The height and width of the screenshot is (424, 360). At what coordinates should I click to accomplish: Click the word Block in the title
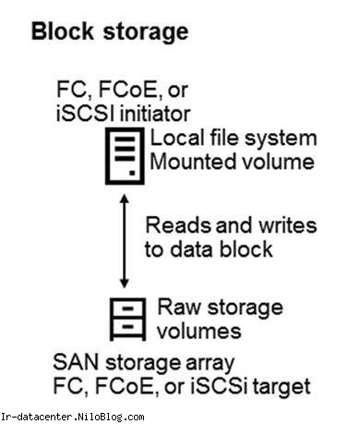[62, 31]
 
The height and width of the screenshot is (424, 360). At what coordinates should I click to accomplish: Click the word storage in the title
[146, 33]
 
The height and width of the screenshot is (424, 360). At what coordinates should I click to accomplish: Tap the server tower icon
[125, 156]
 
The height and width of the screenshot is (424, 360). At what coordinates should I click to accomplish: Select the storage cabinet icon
[127, 319]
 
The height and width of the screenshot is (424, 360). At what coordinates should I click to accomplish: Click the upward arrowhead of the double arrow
[125, 199]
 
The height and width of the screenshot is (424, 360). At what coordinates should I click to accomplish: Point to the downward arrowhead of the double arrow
[125, 284]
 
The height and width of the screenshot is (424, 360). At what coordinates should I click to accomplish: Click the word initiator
[155, 114]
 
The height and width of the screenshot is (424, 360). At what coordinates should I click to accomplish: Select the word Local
[177, 138]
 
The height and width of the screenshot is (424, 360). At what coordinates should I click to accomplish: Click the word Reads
[178, 225]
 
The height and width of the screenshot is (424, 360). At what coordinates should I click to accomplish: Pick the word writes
[287, 225]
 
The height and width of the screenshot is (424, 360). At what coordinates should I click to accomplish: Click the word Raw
[178, 307]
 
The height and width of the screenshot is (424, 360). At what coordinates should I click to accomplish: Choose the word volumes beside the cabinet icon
[199, 331]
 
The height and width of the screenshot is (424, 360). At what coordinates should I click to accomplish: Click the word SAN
[76, 362]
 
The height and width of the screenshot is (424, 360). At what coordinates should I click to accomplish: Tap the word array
[210, 364]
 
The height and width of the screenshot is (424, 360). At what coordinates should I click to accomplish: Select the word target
[282, 387]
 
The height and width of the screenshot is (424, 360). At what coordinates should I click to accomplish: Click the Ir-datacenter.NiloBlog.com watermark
[73, 417]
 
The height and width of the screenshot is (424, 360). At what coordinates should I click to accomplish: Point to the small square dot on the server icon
[133, 173]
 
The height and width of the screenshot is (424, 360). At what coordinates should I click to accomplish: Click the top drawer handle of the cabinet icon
[127, 309]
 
